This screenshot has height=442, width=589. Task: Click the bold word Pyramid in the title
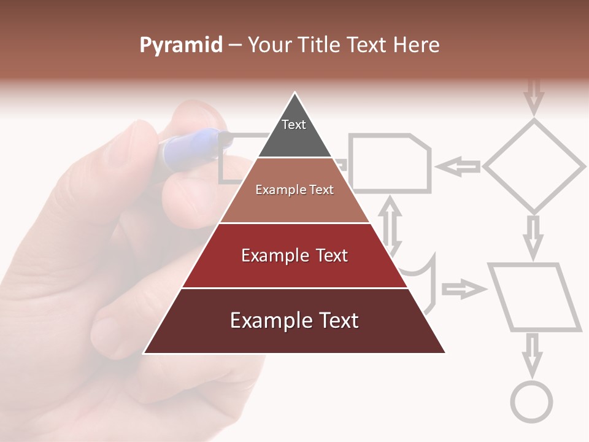(x=180, y=45)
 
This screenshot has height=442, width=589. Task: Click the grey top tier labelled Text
(x=294, y=132)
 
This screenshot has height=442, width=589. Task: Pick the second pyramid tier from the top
(x=294, y=190)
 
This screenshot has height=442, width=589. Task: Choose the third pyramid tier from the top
(x=294, y=255)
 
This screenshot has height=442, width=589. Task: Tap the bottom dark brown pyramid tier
(x=294, y=320)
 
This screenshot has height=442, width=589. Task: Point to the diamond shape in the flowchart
(x=534, y=166)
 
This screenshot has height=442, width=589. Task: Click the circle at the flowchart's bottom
(x=531, y=402)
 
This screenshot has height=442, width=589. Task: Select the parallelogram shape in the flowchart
(x=534, y=298)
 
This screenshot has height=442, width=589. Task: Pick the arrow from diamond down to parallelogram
(x=534, y=236)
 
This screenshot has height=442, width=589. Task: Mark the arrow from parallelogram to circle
(x=532, y=354)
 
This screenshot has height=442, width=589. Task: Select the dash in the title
(x=235, y=45)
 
